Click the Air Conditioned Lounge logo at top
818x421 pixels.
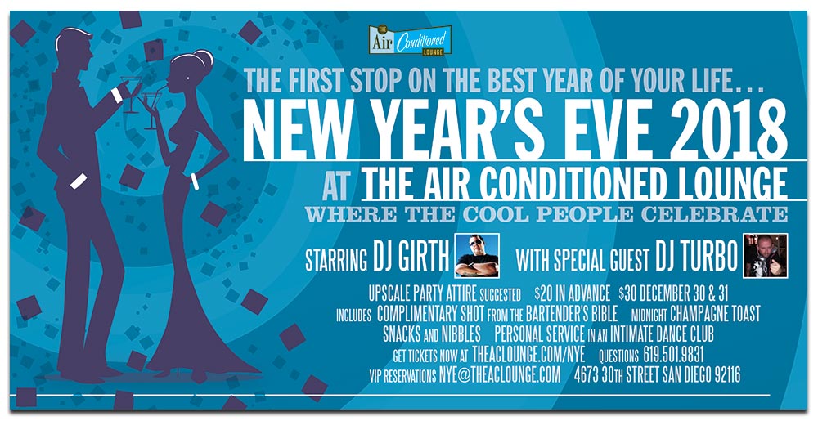pyautogui.click(x=410, y=41)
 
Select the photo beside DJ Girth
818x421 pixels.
pyautogui.click(x=477, y=255)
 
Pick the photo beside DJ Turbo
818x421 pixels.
pyautogui.click(x=766, y=255)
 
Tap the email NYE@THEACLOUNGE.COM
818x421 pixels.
pyautogui.click(x=499, y=375)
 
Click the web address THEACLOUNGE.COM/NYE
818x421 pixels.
pyautogui.click(x=528, y=356)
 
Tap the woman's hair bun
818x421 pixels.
pyautogui.click(x=204, y=57)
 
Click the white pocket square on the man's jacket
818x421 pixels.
pyautogui.click(x=79, y=181)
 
